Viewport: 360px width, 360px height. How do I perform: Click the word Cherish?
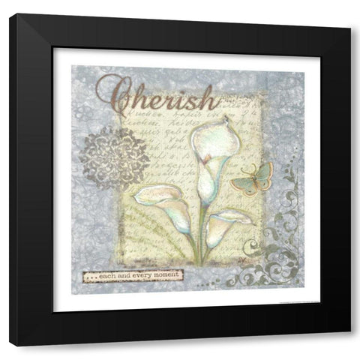(156, 96)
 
